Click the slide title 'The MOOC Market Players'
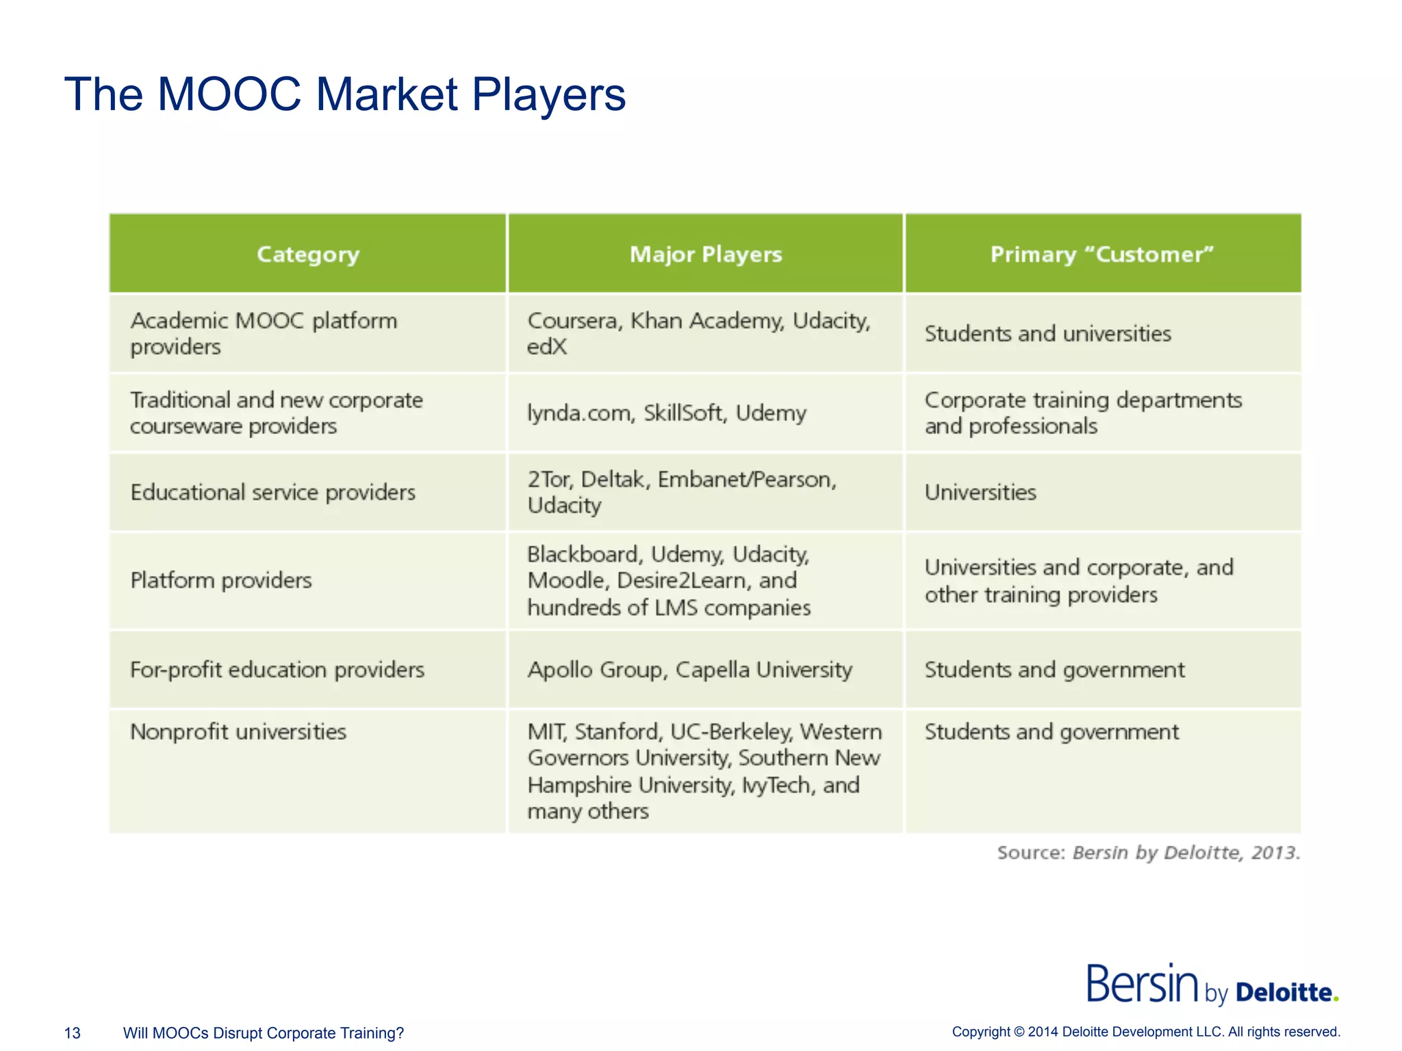[x=344, y=94]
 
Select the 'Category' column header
[x=308, y=255]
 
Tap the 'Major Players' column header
[x=706, y=255]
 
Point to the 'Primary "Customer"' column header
[x=1102, y=255]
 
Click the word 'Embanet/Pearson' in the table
[x=745, y=480]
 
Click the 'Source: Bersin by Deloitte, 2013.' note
[x=1148, y=853]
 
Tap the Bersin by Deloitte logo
[x=1212, y=985]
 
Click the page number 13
[x=72, y=1033]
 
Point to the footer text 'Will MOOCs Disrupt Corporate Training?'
[x=264, y=1033]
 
